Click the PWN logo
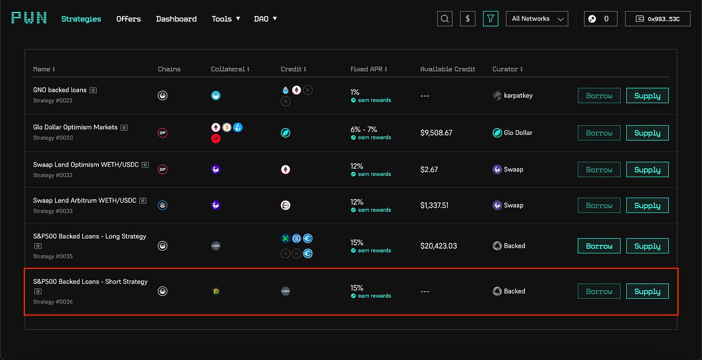[29, 18]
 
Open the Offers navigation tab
[129, 19]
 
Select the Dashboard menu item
[176, 19]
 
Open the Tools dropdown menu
[225, 19]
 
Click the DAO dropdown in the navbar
[265, 19]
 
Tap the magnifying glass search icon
[445, 19]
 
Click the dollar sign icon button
[468, 19]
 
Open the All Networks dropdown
[537, 19]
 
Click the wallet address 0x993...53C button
[658, 19]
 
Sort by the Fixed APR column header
[368, 69]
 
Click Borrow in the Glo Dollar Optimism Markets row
[599, 133]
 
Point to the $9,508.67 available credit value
[436, 133]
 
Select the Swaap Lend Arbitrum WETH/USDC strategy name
[85, 200]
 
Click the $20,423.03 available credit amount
[438, 246]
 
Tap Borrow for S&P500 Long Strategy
[599, 246]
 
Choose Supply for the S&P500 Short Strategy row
[647, 291]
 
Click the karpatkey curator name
[518, 95]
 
